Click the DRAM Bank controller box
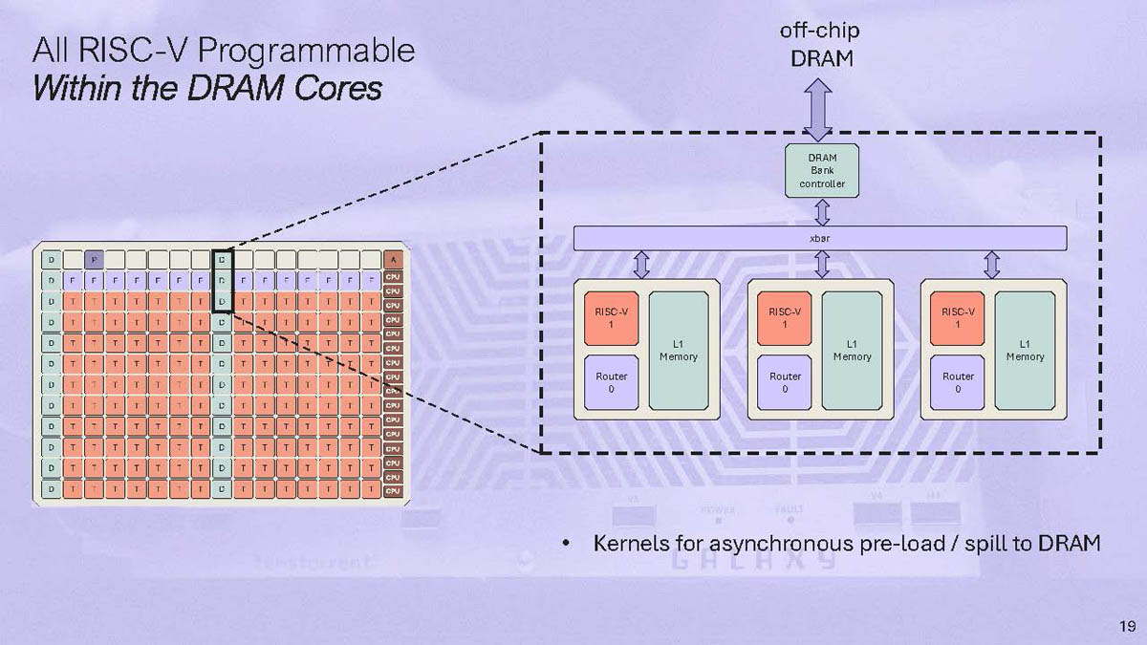[821, 170]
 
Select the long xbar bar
[819, 238]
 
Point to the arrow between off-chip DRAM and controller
[819, 110]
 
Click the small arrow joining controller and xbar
[821, 211]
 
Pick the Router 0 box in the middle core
[785, 382]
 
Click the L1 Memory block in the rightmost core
[1025, 351]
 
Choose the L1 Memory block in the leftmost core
[679, 351]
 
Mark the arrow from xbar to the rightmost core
[991, 264]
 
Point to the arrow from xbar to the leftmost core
[641, 264]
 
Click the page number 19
[1126, 627]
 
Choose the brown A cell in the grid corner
[393, 259]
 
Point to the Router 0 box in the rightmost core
[958, 382]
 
